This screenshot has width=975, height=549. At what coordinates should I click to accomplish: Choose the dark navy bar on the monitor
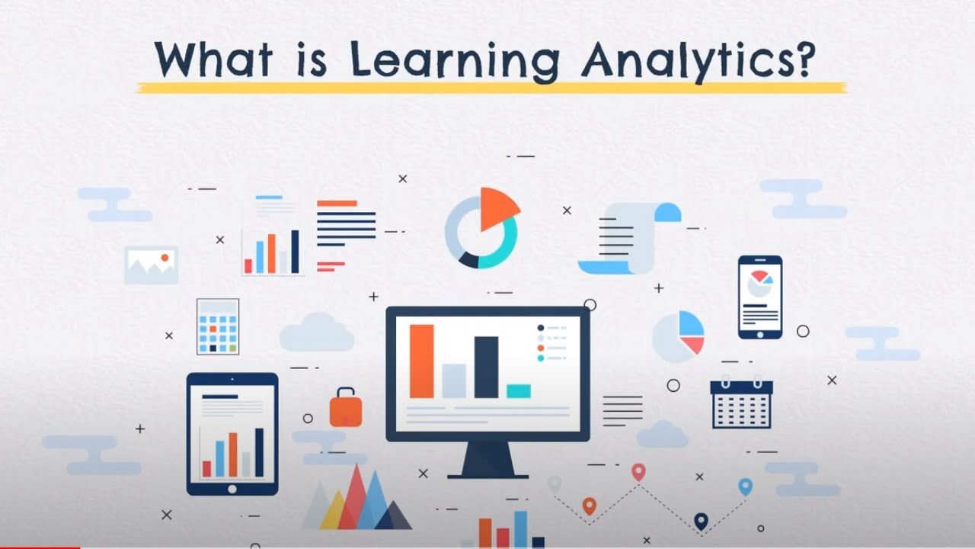(486, 367)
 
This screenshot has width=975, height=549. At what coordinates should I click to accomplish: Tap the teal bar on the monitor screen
(519, 391)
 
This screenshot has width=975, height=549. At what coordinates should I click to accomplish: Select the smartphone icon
(759, 297)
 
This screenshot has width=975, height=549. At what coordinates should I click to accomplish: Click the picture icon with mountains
(151, 265)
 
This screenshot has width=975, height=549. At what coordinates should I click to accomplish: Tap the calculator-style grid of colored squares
(218, 326)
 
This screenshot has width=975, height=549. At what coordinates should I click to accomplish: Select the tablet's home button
(232, 489)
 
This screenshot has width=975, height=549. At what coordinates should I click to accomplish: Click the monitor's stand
(487, 460)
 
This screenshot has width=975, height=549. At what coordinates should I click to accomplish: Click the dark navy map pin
(701, 521)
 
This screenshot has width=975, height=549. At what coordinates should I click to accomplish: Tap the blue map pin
(745, 486)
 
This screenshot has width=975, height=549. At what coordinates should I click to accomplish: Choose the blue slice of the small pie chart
(690, 324)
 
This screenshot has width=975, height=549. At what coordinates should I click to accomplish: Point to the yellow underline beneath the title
(491, 87)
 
